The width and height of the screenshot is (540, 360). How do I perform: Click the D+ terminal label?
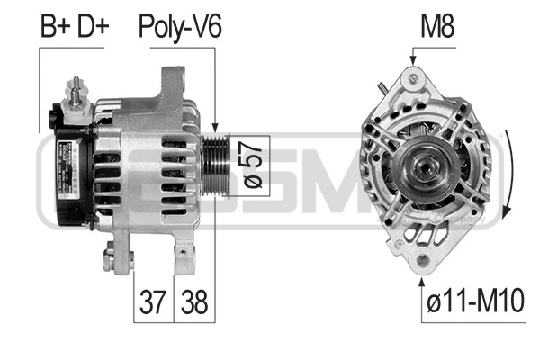[93, 26]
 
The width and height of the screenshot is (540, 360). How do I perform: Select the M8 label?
[437, 26]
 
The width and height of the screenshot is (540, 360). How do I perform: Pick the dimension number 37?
[153, 301]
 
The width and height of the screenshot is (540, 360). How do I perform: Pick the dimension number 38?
[194, 301]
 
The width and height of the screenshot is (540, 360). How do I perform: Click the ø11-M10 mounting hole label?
[475, 301]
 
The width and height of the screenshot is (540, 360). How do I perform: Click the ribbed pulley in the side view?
[216, 166]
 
